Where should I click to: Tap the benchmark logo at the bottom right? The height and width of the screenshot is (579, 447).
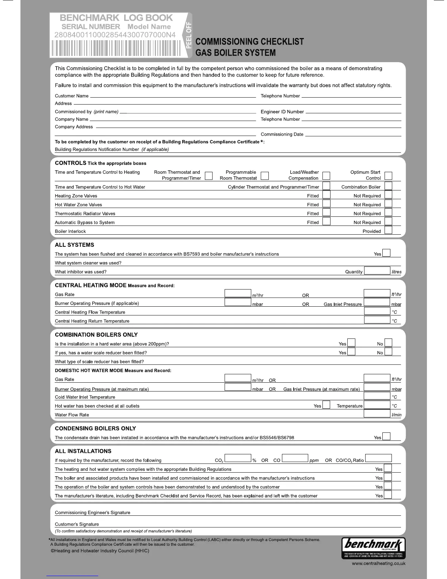tap(373, 548)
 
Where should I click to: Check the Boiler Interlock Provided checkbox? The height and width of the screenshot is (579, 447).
tap(388, 230)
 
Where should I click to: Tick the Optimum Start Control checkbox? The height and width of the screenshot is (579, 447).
tap(388, 176)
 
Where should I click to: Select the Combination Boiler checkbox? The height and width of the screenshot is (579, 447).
tap(388, 186)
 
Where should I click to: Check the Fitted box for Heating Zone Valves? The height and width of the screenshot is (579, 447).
tap(326, 195)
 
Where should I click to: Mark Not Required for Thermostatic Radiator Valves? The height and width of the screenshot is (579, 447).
tap(388, 213)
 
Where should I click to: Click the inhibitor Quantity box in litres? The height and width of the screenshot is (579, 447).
tap(377, 271)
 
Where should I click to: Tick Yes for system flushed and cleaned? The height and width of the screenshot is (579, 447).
tap(386, 253)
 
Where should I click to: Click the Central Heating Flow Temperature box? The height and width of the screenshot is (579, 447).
tap(377, 311)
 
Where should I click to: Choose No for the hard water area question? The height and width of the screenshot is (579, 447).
tap(388, 343)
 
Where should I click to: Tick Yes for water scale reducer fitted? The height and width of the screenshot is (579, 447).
tap(351, 352)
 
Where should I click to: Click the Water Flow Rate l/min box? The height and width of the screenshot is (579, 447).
tap(377, 414)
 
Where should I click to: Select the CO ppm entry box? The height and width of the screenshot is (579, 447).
tap(295, 458)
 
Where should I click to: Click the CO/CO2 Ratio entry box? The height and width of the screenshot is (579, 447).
tap(378, 458)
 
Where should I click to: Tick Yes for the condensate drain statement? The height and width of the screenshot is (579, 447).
tap(386, 436)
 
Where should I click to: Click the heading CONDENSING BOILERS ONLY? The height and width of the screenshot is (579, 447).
tap(95, 428)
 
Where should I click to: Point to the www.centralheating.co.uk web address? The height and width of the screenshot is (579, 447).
tap(378, 564)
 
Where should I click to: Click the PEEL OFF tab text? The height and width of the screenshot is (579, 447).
tap(188, 35)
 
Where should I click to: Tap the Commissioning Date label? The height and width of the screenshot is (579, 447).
tap(282, 135)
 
